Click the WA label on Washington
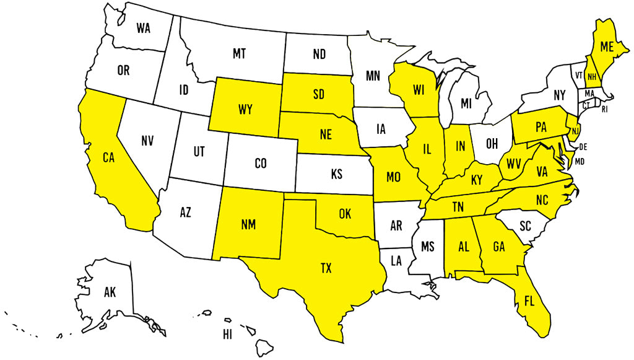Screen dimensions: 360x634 tap(144, 29)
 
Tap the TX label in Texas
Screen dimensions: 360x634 tap(326, 268)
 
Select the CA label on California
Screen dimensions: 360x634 tap(109, 157)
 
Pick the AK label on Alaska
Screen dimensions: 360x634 tap(110, 291)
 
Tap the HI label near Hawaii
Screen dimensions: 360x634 tap(228, 335)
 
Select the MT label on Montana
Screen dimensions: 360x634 tap(239, 55)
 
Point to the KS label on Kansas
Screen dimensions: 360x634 tap(336, 174)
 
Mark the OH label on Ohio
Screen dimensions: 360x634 tap(492, 143)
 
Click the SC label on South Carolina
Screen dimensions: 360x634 tap(525, 227)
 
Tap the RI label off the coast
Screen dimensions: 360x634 tap(605, 109)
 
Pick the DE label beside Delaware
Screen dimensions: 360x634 tap(582, 147)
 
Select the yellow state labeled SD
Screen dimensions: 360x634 tap(318, 95)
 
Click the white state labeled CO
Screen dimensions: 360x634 tap(261, 164)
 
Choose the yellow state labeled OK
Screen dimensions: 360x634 tap(345, 214)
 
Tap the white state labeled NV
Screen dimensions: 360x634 tap(147, 141)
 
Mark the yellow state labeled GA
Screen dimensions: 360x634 tap(499, 247)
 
